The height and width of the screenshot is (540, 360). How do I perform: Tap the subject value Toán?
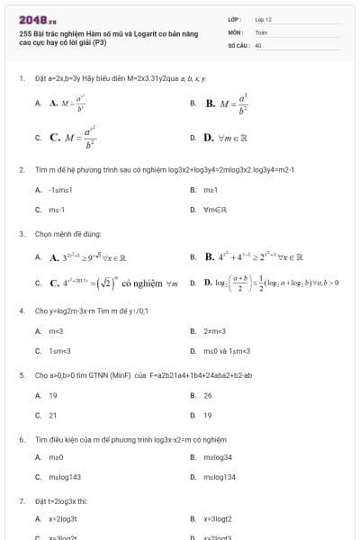261,31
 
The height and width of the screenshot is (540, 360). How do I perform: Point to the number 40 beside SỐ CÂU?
258,44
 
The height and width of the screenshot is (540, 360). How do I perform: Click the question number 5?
21,375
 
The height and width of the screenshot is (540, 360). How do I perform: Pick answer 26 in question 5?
208,395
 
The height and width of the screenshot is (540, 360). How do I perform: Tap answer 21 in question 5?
53,415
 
